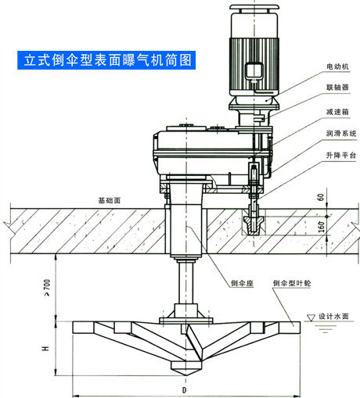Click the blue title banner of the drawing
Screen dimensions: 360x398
click(x=106, y=60)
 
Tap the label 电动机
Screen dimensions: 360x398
click(x=337, y=66)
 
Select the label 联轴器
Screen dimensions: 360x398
click(x=337, y=87)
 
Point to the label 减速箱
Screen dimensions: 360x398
click(x=337, y=112)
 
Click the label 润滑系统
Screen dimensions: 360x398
click(x=341, y=134)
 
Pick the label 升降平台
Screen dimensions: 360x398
click(x=341, y=156)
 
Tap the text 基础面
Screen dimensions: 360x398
click(x=110, y=200)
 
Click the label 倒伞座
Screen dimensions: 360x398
click(x=242, y=283)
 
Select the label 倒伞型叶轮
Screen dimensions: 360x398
click(x=292, y=283)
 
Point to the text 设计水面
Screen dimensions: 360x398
click(x=333, y=317)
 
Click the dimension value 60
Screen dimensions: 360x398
click(x=321, y=197)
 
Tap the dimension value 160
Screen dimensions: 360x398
click(x=322, y=227)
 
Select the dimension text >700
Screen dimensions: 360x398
click(x=47, y=288)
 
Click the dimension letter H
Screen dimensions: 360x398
click(x=45, y=348)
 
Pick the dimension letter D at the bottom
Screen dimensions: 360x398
click(x=185, y=390)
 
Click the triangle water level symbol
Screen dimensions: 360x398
click(x=311, y=317)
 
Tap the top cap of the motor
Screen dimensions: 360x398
click(x=254, y=7)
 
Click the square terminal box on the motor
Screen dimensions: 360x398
click(x=254, y=70)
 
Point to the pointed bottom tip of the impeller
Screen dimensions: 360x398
click(x=186, y=375)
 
